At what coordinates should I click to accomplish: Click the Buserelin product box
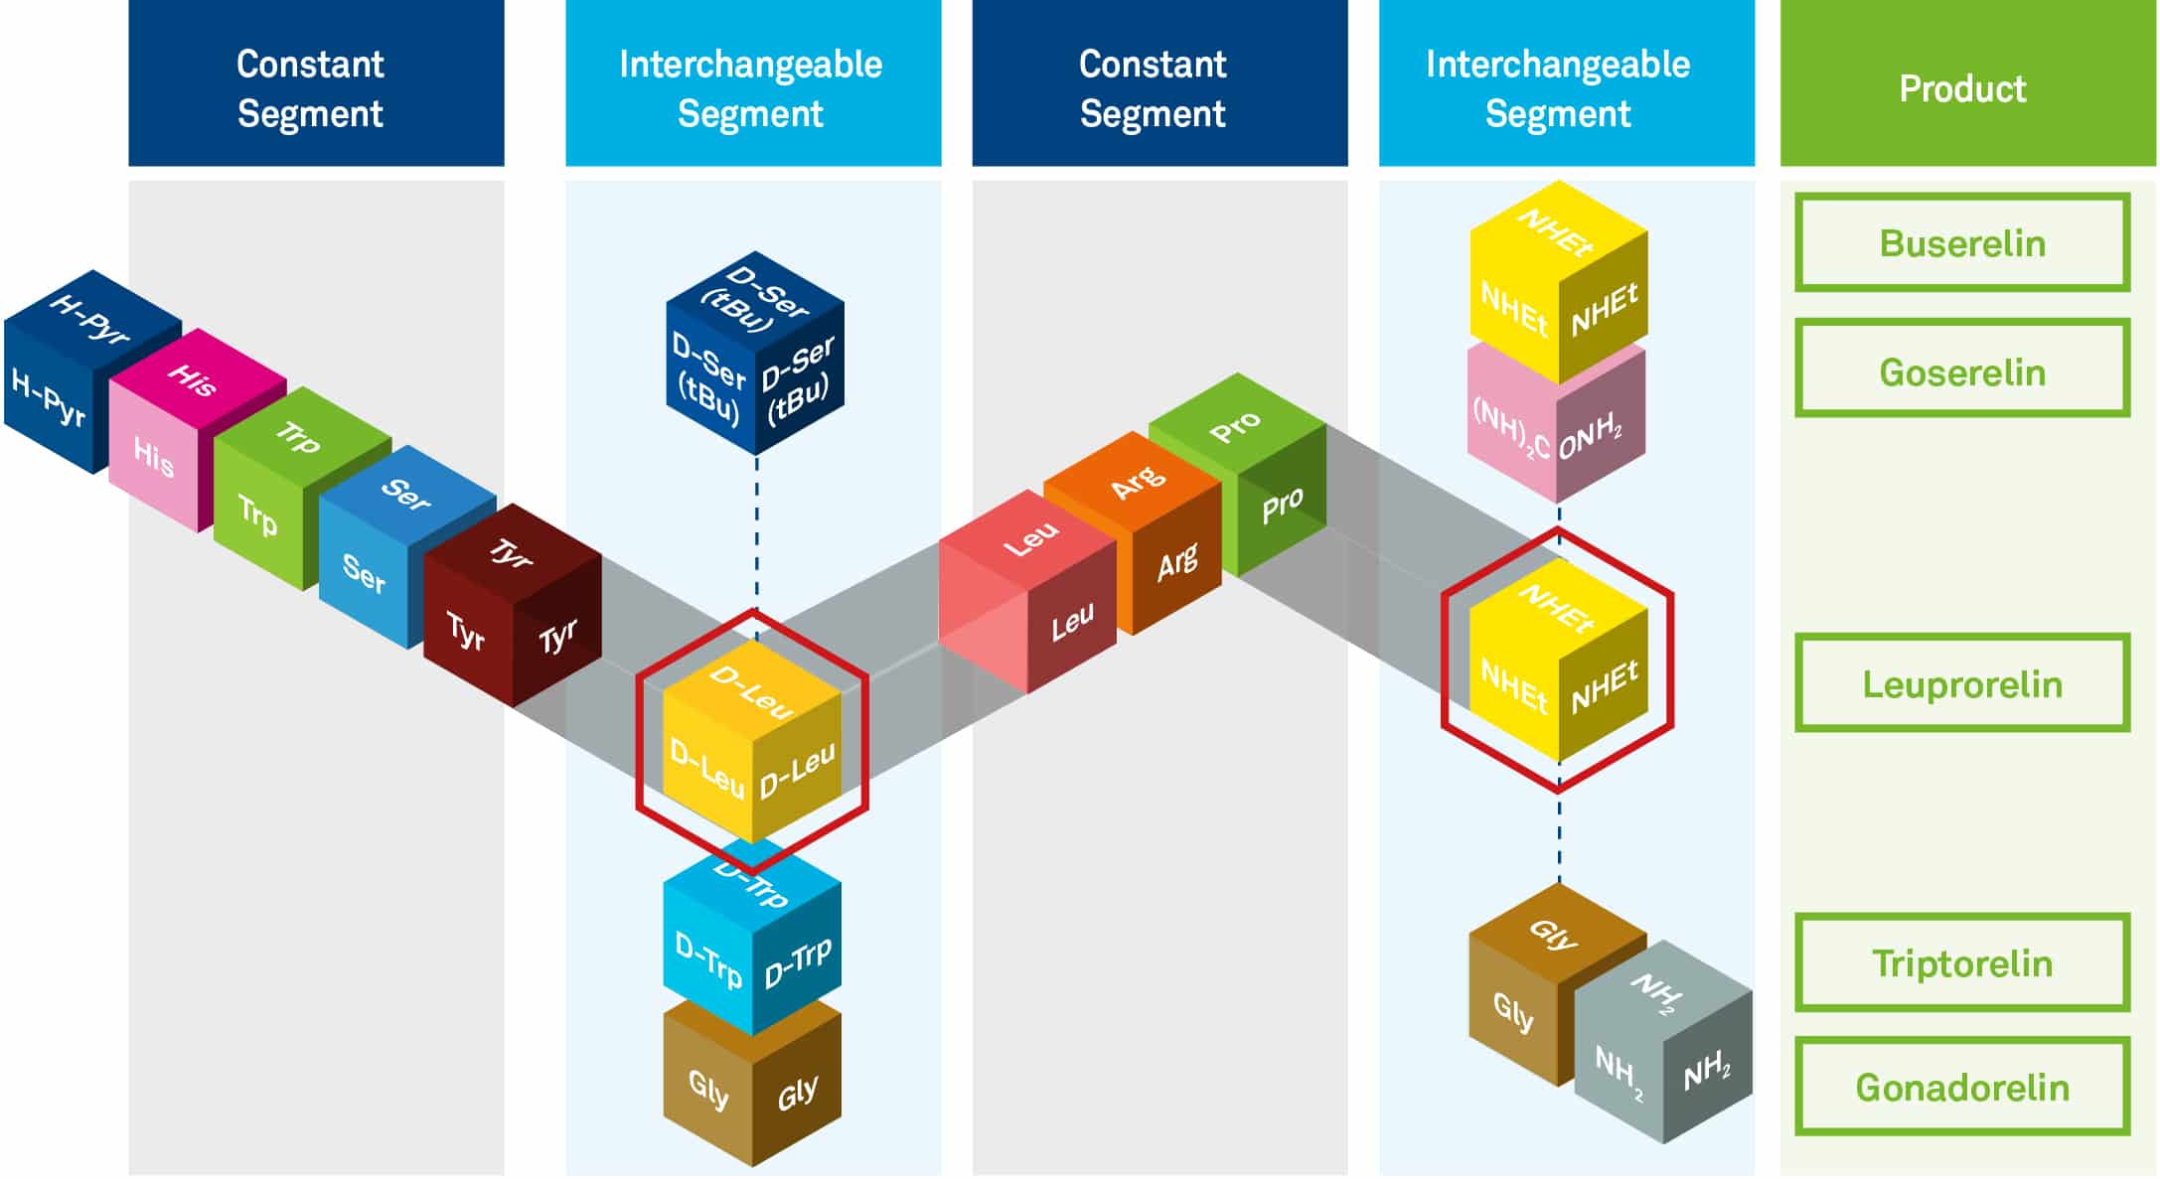[x=1961, y=242]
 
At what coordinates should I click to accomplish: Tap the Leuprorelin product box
[x=1961, y=683]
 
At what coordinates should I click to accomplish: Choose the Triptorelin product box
[x=1961, y=962]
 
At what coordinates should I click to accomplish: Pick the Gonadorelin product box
[x=1961, y=1087]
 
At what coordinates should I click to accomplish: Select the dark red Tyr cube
[x=512, y=606]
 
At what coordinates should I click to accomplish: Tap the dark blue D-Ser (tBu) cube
[x=754, y=354]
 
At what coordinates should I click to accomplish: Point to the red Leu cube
[x=1028, y=591]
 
